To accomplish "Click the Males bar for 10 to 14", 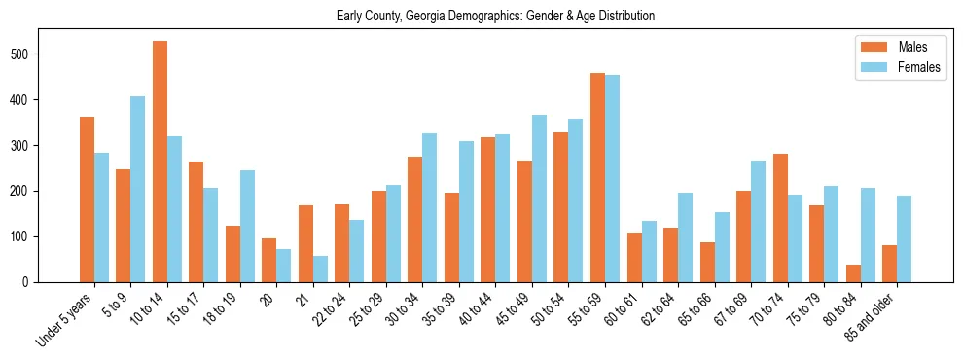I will [x=160, y=162].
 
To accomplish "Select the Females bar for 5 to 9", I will [x=138, y=189].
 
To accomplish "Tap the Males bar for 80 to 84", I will [x=853, y=273].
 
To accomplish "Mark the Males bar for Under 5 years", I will [x=87, y=199].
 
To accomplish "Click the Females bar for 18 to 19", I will [x=247, y=226].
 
